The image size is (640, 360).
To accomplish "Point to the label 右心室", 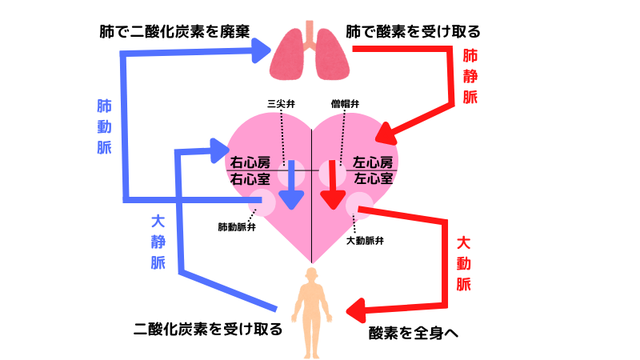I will pyautogui.click(x=248, y=179).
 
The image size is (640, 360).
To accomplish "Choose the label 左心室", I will pyautogui.click(x=373, y=178).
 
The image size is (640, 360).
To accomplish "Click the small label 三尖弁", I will pyautogui.click(x=281, y=104).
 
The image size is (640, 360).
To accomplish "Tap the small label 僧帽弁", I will pyautogui.click(x=344, y=104).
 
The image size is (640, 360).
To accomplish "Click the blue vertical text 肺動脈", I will pyautogui.click(x=104, y=127).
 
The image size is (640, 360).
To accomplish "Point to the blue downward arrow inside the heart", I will pyautogui.click(x=294, y=183).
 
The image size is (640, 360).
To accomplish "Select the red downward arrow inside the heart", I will pyautogui.click(x=330, y=184).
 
